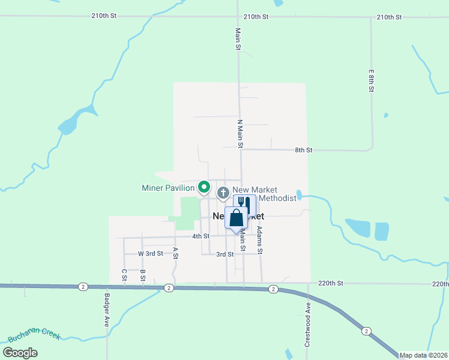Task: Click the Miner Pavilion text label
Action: point(167,188)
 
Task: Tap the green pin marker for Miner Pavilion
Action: point(204,188)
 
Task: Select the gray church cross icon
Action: point(223,193)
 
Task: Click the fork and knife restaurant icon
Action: point(244,204)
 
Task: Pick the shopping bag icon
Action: point(236,218)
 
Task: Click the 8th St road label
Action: point(304,149)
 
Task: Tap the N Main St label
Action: point(240,134)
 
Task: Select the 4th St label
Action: point(200,236)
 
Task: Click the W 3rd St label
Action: point(150,254)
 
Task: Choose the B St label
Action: point(143,275)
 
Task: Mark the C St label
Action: point(124,275)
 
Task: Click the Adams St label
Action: point(260,239)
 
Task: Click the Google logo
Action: point(20,353)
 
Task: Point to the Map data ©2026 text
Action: point(424,355)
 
